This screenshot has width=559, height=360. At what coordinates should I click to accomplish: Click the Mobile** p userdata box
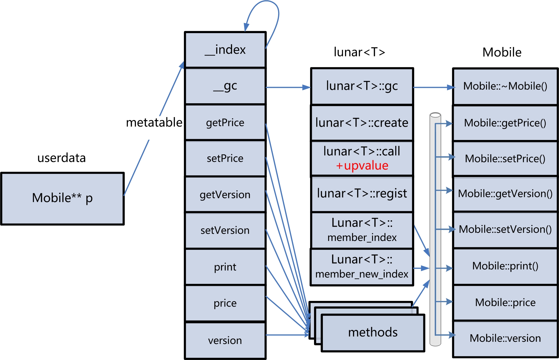[62, 198]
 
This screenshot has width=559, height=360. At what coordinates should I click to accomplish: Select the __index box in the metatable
[225, 50]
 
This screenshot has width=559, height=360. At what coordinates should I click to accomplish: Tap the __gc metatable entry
[225, 86]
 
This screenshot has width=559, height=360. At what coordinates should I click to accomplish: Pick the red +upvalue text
[362, 166]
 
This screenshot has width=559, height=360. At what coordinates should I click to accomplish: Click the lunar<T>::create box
[362, 123]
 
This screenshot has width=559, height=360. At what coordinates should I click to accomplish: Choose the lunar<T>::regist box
[362, 194]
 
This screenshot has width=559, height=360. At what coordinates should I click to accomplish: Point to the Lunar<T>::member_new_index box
[362, 267]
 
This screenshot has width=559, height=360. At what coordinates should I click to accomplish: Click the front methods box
[373, 333]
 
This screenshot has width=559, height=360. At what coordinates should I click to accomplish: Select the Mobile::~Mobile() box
[505, 86]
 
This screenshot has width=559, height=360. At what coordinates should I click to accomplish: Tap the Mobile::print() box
[505, 266]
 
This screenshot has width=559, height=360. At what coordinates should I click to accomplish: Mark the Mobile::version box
[505, 338]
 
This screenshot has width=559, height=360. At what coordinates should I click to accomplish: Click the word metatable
[154, 122]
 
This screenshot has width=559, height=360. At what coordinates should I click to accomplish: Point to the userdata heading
[62, 158]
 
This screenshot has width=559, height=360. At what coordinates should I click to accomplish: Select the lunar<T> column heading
[359, 52]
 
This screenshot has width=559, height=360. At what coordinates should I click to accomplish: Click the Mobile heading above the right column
[502, 52]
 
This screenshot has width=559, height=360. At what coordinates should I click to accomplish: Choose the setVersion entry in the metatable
[225, 231]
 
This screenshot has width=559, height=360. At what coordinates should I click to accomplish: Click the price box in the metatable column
[225, 303]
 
